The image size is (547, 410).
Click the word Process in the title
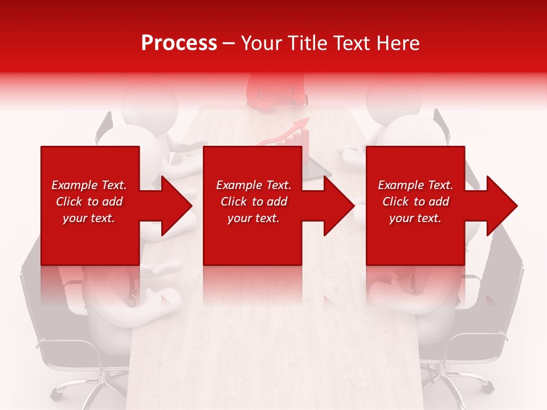click(179, 43)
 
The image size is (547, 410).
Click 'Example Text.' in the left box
click(89, 185)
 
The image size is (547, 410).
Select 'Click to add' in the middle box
click(254, 202)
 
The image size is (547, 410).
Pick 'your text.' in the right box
click(415, 218)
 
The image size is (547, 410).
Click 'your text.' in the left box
click(89, 218)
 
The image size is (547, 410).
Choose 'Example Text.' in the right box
click(415, 185)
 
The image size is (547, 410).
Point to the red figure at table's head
click(273, 91)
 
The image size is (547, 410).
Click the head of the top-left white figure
click(140, 102)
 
